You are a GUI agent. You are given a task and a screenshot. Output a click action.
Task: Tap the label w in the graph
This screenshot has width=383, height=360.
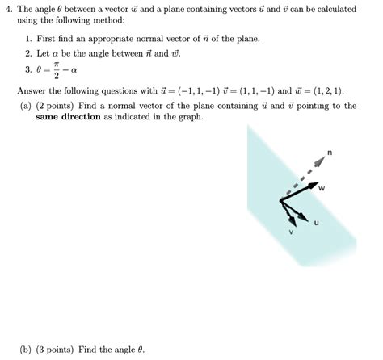321,188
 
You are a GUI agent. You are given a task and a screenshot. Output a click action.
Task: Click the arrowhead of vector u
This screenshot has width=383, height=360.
306,217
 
